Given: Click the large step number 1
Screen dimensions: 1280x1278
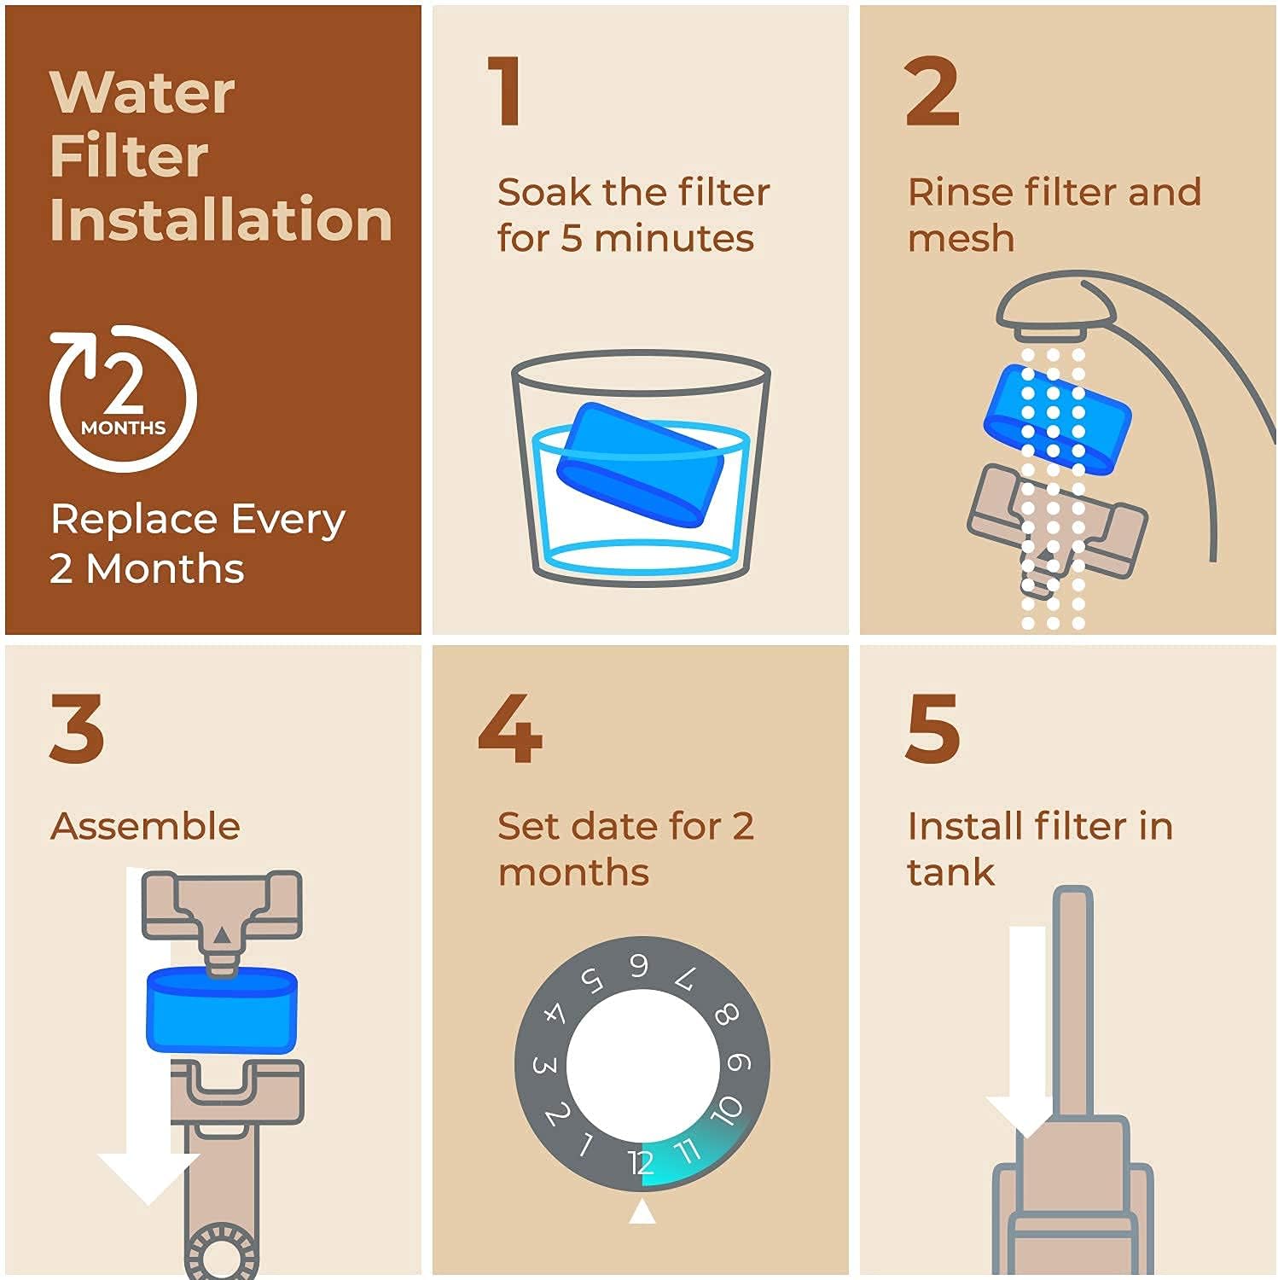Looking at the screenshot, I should [505, 90].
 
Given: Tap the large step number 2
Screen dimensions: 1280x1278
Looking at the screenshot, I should [932, 90].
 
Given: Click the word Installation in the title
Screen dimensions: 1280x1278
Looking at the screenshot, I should [221, 219].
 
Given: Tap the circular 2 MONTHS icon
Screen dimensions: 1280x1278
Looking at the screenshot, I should [123, 398].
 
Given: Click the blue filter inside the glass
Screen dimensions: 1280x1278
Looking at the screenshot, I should [640, 463].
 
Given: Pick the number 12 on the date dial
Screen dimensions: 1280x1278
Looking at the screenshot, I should [640, 1162].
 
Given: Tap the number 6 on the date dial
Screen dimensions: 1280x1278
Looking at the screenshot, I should [638, 965].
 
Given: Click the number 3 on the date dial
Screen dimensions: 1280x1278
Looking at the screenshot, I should [544, 1065].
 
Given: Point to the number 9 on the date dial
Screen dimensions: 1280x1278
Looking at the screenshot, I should [739, 1062].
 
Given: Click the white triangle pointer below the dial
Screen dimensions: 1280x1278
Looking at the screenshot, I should [642, 1211].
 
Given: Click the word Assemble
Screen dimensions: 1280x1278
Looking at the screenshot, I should [145, 826].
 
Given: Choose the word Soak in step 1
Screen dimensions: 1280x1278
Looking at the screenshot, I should [543, 192].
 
